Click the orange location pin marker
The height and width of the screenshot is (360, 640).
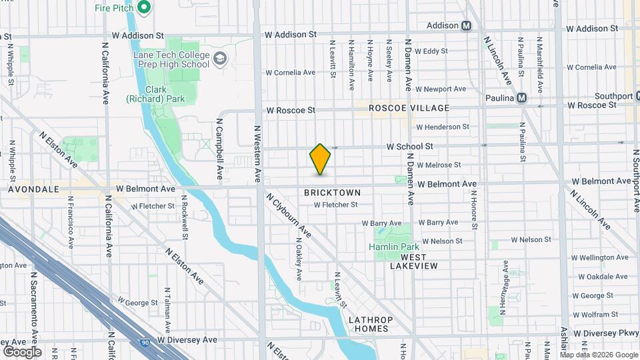coord(320,159)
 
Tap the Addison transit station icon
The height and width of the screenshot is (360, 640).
coord(467,25)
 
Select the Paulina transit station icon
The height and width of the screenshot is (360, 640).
coord(522,98)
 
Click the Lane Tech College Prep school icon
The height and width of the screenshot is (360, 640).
coord(219,59)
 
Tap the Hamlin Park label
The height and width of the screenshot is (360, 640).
coord(393,247)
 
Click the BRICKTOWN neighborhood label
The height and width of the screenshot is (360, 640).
coord(332,193)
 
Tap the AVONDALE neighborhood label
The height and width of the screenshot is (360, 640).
coord(35,189)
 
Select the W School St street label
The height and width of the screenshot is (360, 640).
coord(411,146)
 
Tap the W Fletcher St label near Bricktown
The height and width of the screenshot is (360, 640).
coord(336,205)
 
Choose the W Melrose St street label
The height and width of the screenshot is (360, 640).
coord(439,165)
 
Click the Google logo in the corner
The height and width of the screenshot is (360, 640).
coord(21,351)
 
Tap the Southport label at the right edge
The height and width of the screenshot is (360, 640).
coord(614,96)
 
